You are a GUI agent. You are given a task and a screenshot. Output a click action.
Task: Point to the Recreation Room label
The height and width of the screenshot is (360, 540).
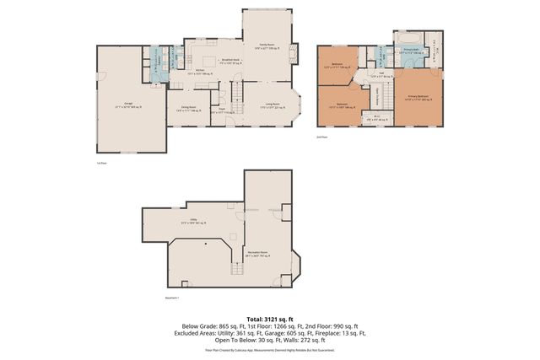pos(257,252)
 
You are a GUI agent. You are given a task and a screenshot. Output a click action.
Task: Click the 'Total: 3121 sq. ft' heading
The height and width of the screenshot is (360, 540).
pos(270,319)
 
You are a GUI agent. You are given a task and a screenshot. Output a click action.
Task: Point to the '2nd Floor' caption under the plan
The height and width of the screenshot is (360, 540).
pos(321,135)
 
